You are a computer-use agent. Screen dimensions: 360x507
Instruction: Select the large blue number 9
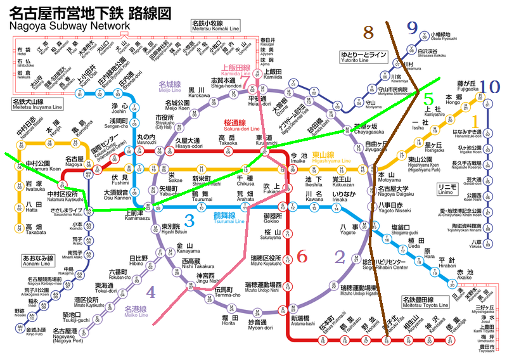[x=413, y=27]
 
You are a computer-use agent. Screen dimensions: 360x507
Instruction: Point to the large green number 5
[x=429, y=100]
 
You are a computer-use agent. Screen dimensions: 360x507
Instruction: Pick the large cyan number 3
[x=189, y=221]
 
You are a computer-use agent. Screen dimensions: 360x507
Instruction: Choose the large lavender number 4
[x=150, y=292]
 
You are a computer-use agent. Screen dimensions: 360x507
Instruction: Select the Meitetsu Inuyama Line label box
[x=32, y=103]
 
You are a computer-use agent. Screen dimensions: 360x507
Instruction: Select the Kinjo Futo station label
[x=35, y=332]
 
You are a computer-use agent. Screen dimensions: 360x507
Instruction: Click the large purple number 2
[x=340, y=256]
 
